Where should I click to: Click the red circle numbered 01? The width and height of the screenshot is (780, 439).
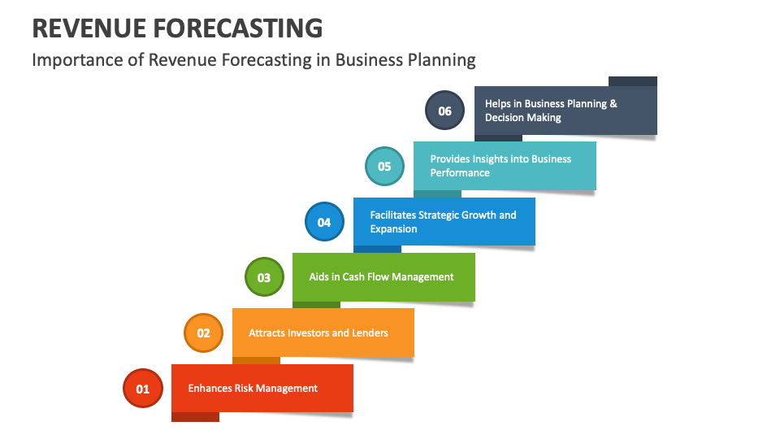pyautogui.click(x=143, y=389)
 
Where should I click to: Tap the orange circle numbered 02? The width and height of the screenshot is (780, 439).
pyautogui.click(x=203, y=333)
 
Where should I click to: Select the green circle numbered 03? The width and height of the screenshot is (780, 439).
pyautogui.click(x=264, y=277)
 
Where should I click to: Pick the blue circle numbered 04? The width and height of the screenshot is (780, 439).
pyautogui.click(x=324, y=222)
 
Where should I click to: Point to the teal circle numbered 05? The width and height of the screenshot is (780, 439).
pyautogui.click(x=384, y=167)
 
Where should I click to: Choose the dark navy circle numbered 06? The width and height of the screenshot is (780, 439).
pyautogui.click(x=444, y=111)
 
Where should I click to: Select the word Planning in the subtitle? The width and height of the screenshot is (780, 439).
pyautogui.click(x=444, y=60)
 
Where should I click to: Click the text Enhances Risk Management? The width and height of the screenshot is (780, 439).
pyautogui.click(x=253, y=389)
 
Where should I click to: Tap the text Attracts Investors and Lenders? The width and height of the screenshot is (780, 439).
pyautogui.click(x=318, y=333)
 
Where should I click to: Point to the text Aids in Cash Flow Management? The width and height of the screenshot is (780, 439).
pyautogui.click(x=381, y=277)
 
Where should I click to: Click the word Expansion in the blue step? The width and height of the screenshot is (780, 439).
pyautogui.click(x=394, y=229)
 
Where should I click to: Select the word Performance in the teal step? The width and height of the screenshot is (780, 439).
pyautogui.click(x=460, y=173)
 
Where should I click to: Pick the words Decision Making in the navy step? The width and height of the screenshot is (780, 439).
pyautogui.click(x=523, y=118)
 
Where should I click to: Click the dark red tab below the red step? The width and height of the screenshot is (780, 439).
pyautogui.click(x=195, y=417)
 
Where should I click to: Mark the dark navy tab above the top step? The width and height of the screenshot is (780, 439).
pyautogui.click(x=633, y=80)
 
